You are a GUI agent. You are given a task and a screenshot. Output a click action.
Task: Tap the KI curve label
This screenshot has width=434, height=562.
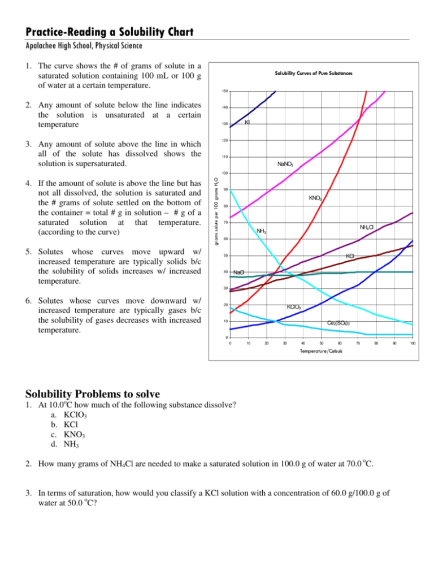pyautogui.click(x=248, y=122)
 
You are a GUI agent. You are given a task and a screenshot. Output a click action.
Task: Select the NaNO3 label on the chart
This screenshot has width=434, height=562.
pyautogui.click(x=285, y=164)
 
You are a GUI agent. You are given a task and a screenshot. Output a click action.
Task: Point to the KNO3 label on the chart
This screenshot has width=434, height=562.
pyautogui.click(x=315, y=198)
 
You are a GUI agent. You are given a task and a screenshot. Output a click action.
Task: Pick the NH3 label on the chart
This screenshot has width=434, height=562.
pyautogui.click(x=261, y=231)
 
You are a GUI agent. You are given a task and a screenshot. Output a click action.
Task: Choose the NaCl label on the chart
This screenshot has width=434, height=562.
pyautogui.click(x=239, y=273)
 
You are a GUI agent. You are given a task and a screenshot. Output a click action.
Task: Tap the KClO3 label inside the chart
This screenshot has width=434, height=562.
pyautogui.click(x=294, y=307)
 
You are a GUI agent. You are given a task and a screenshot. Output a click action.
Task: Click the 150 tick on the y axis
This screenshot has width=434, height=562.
pyautogui.click(x=224, y=91)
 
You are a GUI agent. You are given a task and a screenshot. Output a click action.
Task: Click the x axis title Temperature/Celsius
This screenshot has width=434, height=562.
pyautogui.click(x=321, y=351)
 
